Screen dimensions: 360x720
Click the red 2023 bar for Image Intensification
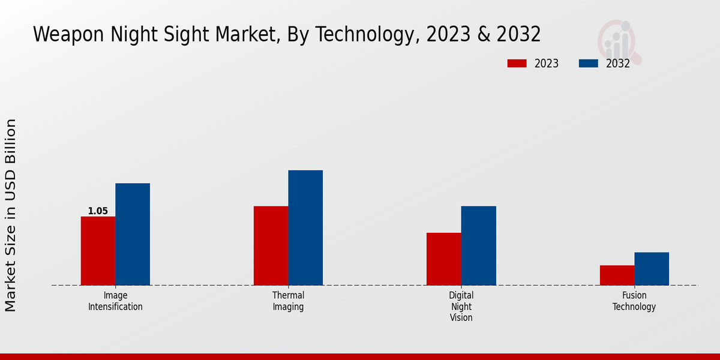98,251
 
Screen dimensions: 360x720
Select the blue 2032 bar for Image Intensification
133,234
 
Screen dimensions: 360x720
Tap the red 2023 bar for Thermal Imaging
271,245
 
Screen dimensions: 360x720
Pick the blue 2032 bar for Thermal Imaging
305,227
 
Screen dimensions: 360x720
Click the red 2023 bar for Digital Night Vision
444,259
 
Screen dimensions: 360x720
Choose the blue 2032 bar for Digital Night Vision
478,245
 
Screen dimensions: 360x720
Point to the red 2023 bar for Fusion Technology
617,275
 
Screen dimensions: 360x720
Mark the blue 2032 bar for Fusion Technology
652,268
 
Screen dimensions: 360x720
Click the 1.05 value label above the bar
98,211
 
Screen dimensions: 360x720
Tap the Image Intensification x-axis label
115,301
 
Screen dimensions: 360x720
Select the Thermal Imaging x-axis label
288,301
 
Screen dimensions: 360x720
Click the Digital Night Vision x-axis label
461,307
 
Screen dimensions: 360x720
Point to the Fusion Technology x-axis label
634,301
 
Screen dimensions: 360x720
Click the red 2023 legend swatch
517,64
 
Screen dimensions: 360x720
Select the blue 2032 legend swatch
588,64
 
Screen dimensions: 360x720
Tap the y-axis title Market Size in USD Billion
11,215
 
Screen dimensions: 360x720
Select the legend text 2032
617,64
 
